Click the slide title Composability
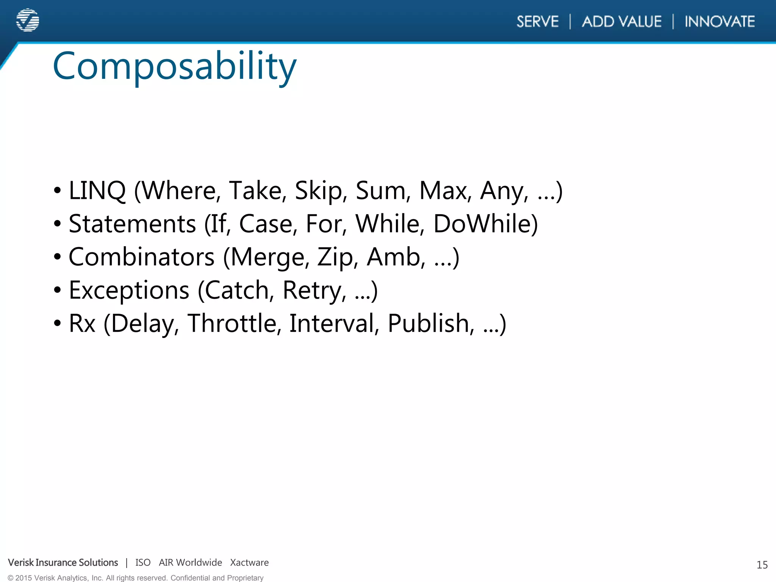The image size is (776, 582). click(174, 67)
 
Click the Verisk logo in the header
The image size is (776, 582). click(28, 20)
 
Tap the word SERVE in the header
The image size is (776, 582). click(537, 22)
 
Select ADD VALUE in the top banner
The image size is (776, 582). click(622, 22)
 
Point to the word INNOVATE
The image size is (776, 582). click(720, 22)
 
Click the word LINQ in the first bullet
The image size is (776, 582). click(97, 191)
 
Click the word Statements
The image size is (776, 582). click(132, 224)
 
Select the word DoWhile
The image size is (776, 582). click(485, 224)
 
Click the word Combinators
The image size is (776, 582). click(141, 257)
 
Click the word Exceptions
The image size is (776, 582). click(129, 290)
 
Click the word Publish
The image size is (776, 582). click(430, 323)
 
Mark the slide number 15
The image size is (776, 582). click(762, 565)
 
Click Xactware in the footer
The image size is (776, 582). click(249, 563)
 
